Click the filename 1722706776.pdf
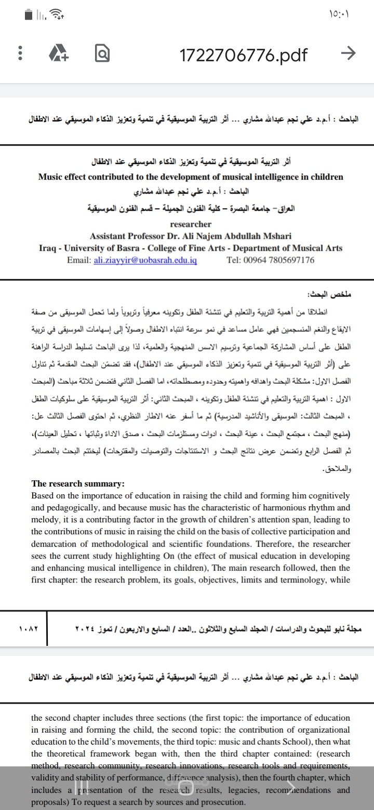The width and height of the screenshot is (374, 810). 243,53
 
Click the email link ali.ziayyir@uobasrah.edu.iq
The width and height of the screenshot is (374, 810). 145,260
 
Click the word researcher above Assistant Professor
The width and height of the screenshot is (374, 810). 191,224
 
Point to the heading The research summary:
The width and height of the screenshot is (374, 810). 78,484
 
